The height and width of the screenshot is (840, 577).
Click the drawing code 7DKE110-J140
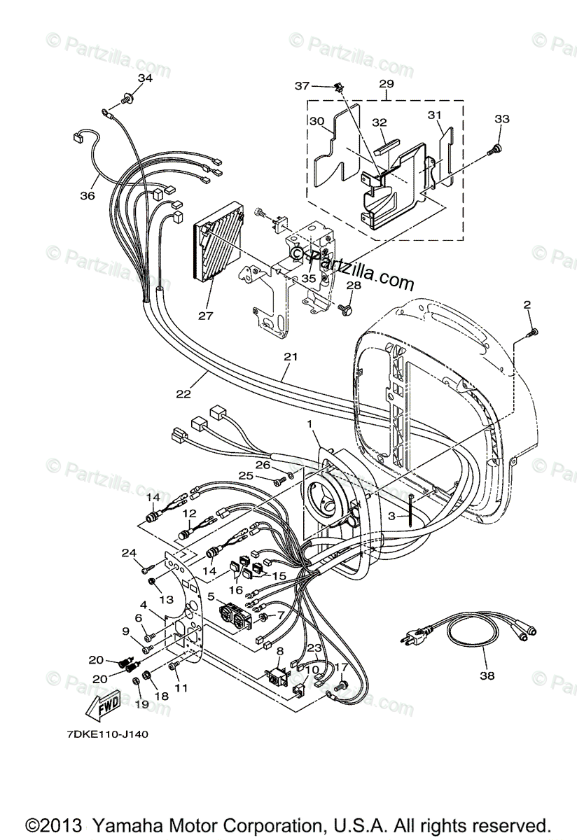click(x=99, y=734)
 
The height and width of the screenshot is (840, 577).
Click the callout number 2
click(x=527, y=304)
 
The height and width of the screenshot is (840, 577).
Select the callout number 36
click(x=87, y=196)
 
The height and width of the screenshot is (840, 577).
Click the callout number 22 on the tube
click(x=183, y=394)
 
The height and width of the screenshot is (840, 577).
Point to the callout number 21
click(x=291, y=357)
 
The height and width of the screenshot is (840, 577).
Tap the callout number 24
click(x=128, y=553)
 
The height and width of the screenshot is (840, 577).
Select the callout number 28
click(x=354, y=286)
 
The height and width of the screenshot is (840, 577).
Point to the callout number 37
click(x=301, y=85)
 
